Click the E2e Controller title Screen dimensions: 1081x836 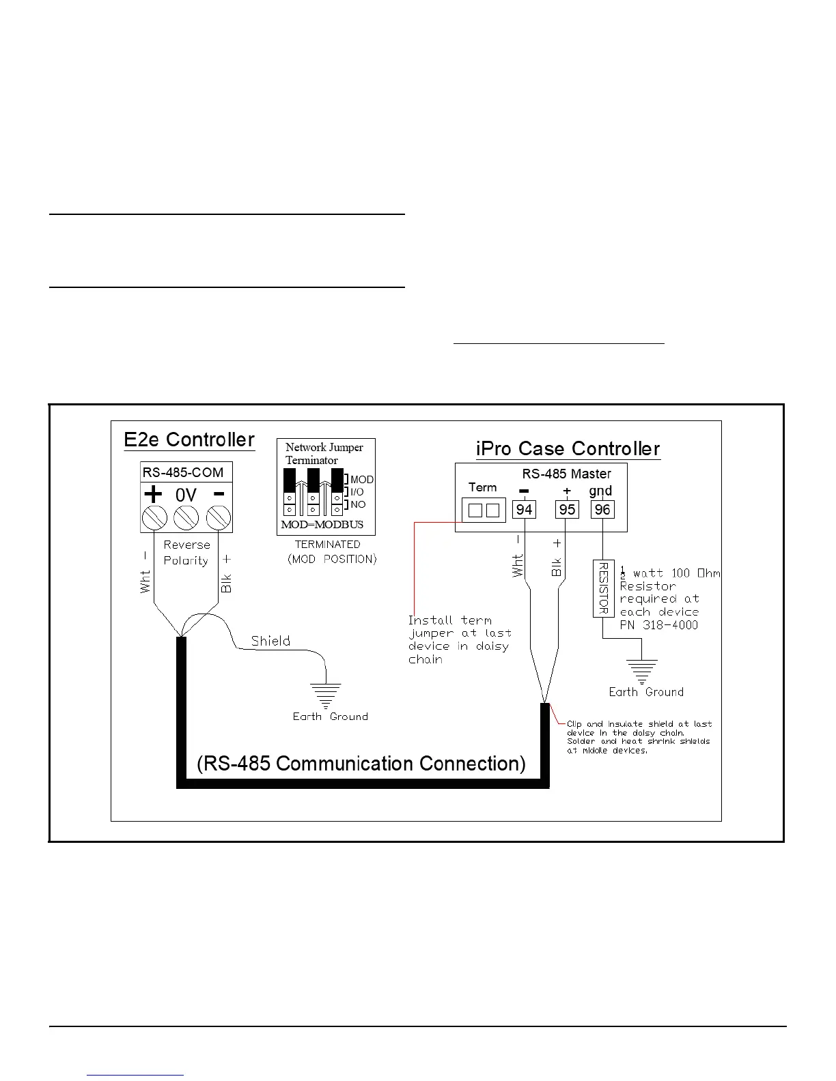[x=189, y=439]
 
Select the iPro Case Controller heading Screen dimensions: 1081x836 [x=568, y=448]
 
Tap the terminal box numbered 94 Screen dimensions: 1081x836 [x=524, y=510]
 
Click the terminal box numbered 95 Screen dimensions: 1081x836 [x=567, y=510]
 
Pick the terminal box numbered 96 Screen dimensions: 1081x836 [x=602, y=510]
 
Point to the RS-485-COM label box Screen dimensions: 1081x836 [x=183, y=472]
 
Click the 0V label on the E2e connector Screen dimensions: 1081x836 [x=186, y=495]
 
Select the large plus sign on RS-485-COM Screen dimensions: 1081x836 [x=153, y=494]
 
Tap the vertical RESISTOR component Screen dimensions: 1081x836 [x=603, y=588]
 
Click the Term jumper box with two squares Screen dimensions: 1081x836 [x=484, y=510]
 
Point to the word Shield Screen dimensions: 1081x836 [x=270, y=641]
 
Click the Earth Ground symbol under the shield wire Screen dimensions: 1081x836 [x=326, y=695]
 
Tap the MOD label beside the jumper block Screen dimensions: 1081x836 [x=362, y=480]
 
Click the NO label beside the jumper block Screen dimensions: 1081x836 [x=358, y=504]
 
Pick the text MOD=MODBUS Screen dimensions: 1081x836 [x=322, y=525]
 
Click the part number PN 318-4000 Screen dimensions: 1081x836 [x=658, y=625]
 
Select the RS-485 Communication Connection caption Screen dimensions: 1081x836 [x=361, y=764]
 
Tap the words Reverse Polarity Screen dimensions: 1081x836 [x=186, y=553]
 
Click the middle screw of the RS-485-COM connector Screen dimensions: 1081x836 [x=186, y=518]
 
